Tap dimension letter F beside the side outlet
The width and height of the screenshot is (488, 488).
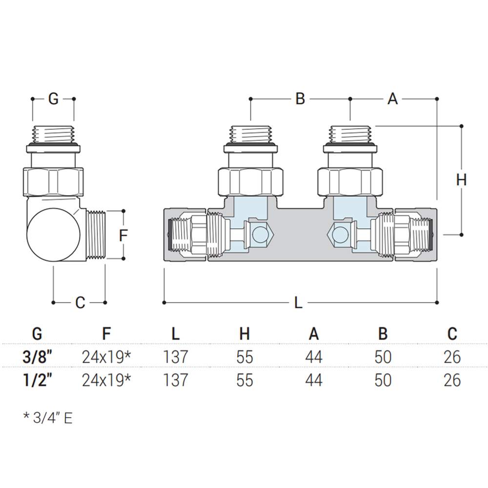click(123, 235)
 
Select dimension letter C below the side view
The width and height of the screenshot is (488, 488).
click(80, 303)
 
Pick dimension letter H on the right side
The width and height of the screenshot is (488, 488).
click(461, 180)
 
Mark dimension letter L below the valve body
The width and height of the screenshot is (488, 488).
click(299, 303)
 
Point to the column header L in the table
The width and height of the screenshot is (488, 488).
click(175, 334)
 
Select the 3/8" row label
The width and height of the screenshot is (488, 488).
click(37, 357)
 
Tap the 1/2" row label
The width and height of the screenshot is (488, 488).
click(37, 380)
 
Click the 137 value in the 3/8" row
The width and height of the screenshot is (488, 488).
click(175, 357)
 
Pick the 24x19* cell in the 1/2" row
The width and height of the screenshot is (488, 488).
click(106, 380)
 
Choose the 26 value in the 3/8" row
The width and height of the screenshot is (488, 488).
click(452, 357)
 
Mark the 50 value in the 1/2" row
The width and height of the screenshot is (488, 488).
click(383, 380)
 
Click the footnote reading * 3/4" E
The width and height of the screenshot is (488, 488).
click(47, 418)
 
